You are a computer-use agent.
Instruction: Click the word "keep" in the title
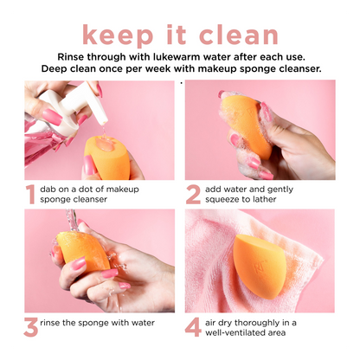click(x=118, y=35)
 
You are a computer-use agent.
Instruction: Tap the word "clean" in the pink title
click(x=238, y=35)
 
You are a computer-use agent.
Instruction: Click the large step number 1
click(x=30, y=195)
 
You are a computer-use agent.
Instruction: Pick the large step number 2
click(x=193, y=195)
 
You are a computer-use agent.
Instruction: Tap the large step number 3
click(x=31, y=327)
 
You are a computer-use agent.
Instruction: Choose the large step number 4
click(x=193, y=327)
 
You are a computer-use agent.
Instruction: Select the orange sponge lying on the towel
click(x=260, y=266)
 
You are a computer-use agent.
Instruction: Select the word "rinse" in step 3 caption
click(x=50, y=323)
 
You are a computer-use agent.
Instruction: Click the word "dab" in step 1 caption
click(x=48, y=190)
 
